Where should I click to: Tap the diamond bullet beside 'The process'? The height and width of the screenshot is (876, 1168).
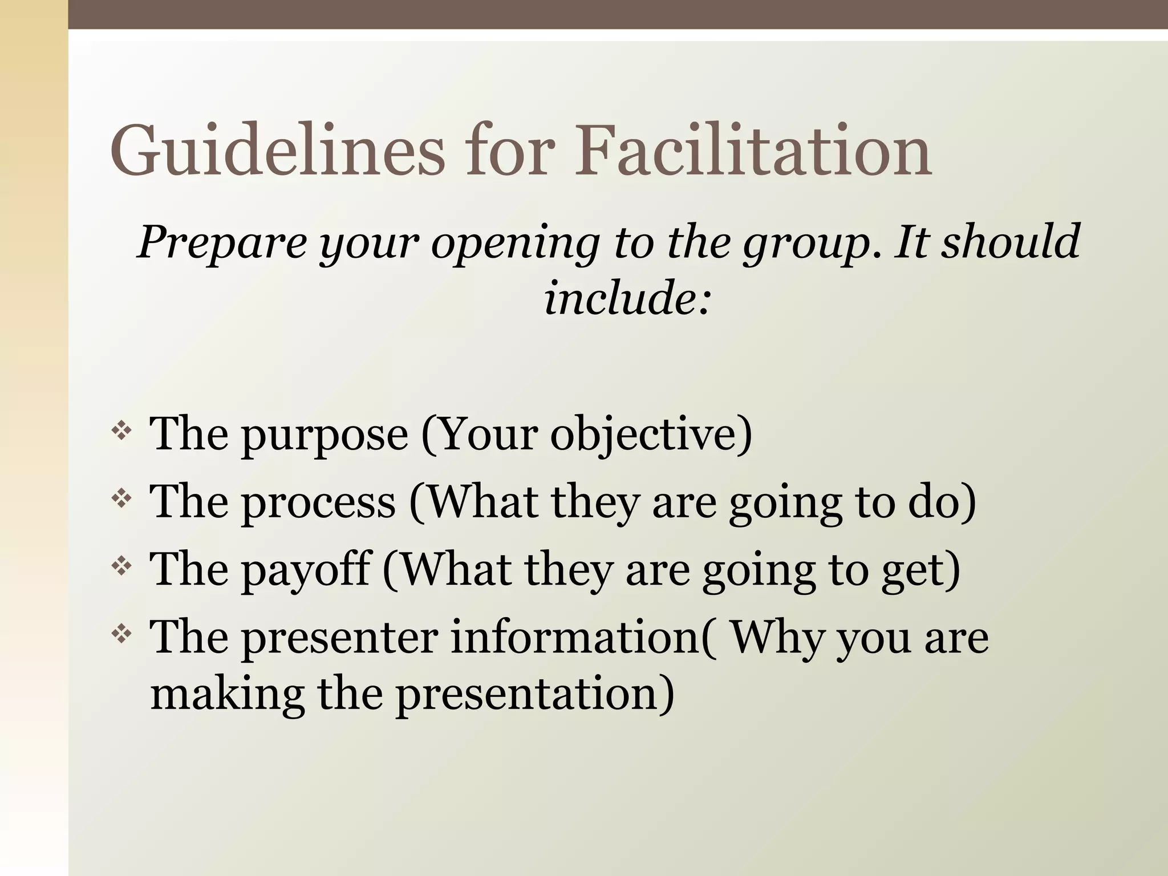pos(121,499)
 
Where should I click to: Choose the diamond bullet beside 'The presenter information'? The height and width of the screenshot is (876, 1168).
pos(121,634)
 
